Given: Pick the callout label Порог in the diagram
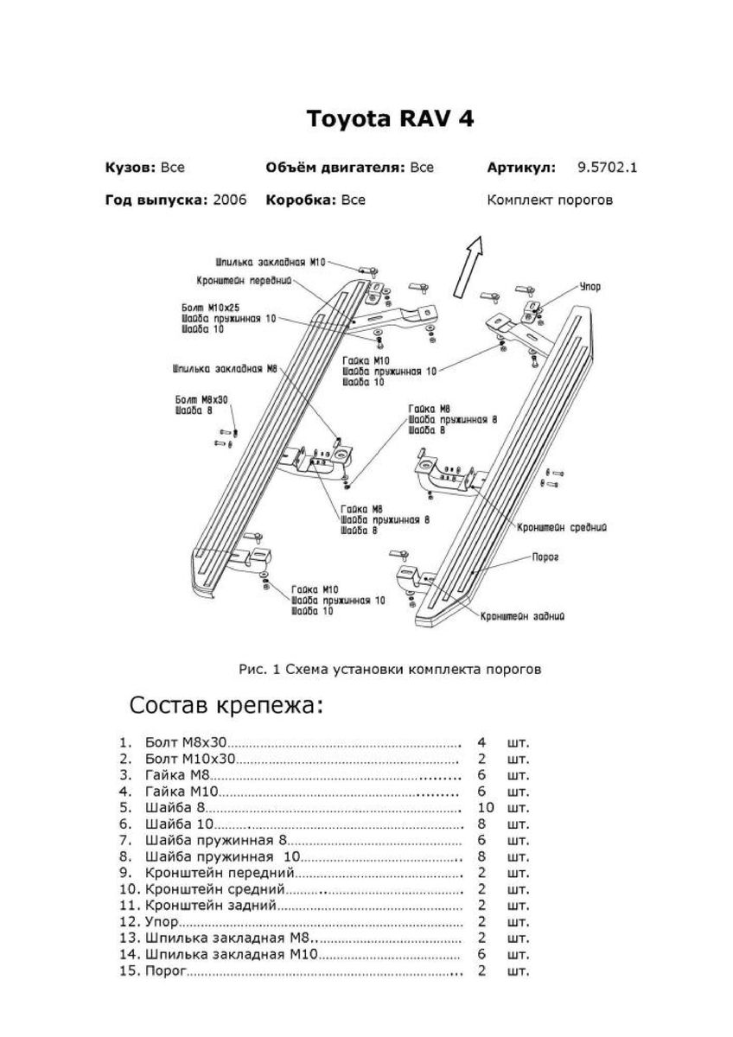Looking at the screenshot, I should point(545,558).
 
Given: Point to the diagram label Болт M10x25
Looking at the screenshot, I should point(211,308).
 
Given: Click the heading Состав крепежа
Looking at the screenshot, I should point(226,705).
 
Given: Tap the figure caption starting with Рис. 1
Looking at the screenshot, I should point(390,668).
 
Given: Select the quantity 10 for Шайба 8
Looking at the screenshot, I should point(485,807).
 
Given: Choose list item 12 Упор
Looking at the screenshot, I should point(162,922).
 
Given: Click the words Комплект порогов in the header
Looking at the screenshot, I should point(550,200).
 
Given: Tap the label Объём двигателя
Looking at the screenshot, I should point(335,168).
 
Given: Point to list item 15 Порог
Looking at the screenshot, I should point(166,971).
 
